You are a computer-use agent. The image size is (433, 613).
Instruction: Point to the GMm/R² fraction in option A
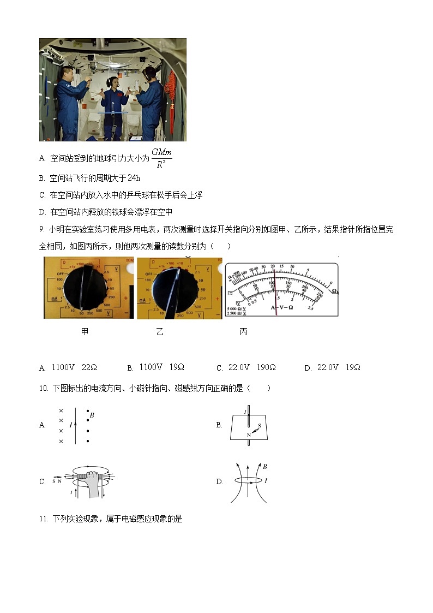coord(162,158)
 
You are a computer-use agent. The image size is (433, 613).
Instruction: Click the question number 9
coord(41,230)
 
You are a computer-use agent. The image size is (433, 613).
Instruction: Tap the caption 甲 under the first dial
coord(85,331)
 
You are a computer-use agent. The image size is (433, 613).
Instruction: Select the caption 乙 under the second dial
coord(159,331)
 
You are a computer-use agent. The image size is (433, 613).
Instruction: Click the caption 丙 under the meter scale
coord(243,331)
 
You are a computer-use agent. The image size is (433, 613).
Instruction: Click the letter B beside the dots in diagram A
coord(92,415)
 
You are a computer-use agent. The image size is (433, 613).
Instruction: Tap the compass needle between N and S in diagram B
coord(254,430)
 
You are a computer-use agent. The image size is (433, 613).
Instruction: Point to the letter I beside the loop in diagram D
coord(266,481)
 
